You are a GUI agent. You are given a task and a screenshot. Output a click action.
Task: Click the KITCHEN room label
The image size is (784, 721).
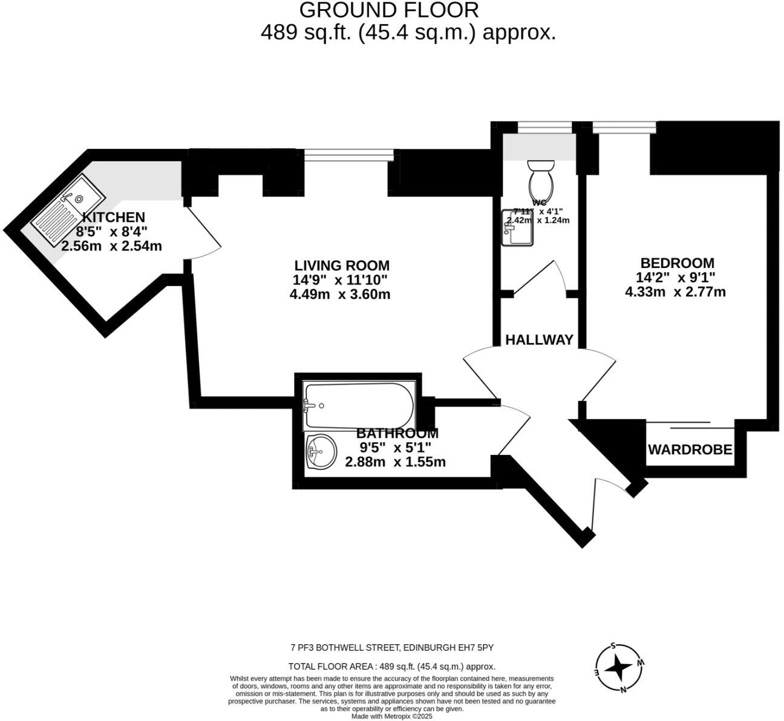(x=113, y=217)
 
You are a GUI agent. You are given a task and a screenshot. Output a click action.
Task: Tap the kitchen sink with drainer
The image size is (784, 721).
(x=66, y=214)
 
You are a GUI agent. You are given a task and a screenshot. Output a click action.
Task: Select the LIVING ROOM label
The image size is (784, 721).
(x=342, y=266)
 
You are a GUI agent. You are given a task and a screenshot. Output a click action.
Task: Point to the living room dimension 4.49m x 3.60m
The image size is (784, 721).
(x=340, y=295)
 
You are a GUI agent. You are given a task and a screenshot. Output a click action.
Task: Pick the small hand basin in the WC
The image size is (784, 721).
(x=517, y=227)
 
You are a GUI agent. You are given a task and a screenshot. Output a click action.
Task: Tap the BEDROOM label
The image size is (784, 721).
(x=677, y=263)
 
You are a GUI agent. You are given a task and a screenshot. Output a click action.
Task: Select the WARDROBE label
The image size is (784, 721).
(x=690, y=450)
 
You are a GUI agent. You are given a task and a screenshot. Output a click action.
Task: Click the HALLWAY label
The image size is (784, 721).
(x=539, y=340)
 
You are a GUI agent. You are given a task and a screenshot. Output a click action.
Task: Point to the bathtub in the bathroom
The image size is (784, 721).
(x=360, y=404)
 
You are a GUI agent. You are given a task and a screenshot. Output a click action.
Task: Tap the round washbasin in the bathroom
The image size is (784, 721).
(x=321, y=451)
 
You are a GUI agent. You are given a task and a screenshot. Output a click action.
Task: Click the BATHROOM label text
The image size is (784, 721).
(x=397, y=434)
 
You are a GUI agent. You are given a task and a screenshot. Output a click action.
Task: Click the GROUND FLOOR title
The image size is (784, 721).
(x=389, y=10)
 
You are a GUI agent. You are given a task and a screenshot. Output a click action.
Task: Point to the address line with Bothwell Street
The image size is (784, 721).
(x=392, y=648)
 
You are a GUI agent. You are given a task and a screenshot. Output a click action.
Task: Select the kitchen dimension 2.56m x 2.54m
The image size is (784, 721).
(x=111, y=246)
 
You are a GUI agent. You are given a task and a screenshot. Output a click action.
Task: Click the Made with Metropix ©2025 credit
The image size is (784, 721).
(x=392, y=716)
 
